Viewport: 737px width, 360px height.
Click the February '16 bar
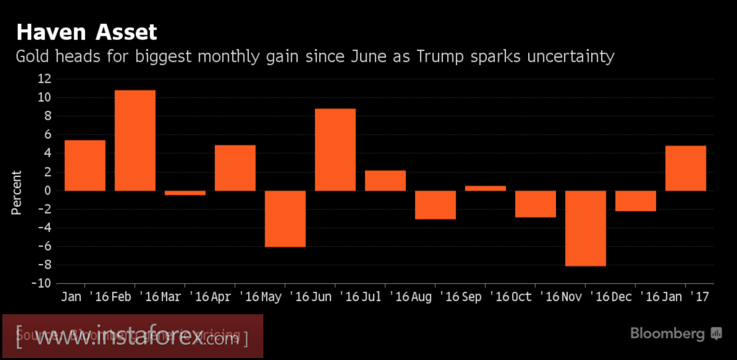[x=135, y=141]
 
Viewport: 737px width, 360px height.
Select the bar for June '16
[x=335, y=150]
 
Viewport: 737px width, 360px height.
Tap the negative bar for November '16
[x=585, y=228]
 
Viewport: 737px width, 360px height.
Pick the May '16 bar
[x=285, y=219]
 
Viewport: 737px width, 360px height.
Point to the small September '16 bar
[x=485, y=188]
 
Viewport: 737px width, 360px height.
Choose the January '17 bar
[x=685, y=168]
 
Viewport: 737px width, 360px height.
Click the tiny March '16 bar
[x=185, y=193]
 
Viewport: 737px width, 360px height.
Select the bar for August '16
[x=435, y=205]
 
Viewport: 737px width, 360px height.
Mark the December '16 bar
[x=636, y=201]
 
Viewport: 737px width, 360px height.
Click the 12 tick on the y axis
[x=44, y=79]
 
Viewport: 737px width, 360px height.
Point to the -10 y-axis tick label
[x=42, y=284]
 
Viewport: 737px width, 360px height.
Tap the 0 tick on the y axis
[x=47, y=191]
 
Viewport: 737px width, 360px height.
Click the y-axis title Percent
[x=17, y=192]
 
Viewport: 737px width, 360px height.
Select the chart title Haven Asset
[x=86, y=32]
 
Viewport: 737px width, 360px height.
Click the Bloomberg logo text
[x=667, y=333]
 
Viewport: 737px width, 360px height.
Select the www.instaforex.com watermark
[x=133, y=339]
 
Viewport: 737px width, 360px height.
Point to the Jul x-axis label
[x=371, y=297]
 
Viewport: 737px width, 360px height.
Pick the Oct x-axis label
[x=522, y=297]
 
